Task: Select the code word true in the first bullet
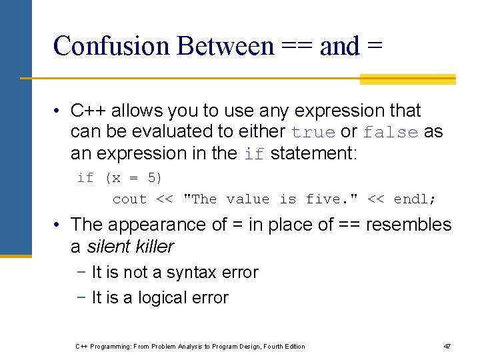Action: (314, 132)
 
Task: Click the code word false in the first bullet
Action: (391, 132)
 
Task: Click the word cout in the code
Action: (129, 199)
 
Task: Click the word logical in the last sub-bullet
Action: (163, 298)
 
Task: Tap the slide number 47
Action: (447, 346)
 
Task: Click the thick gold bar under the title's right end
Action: (407, 79)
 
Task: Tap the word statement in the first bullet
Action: (313, 153)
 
